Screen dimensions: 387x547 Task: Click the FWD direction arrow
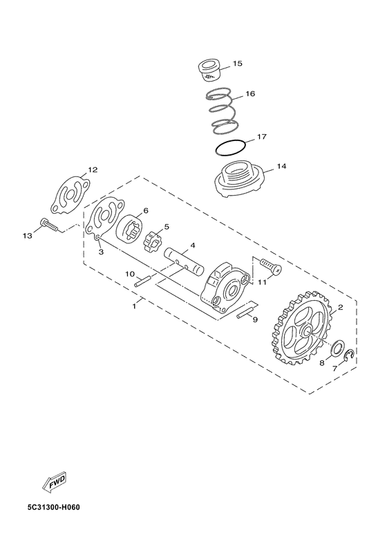(54, 483)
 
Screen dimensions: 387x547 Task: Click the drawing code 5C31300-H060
(54, 507)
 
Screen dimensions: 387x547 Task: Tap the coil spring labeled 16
(222, 111)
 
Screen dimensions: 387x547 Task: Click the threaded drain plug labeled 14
(240, 180)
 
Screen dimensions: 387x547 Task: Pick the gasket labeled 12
(70, 195)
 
